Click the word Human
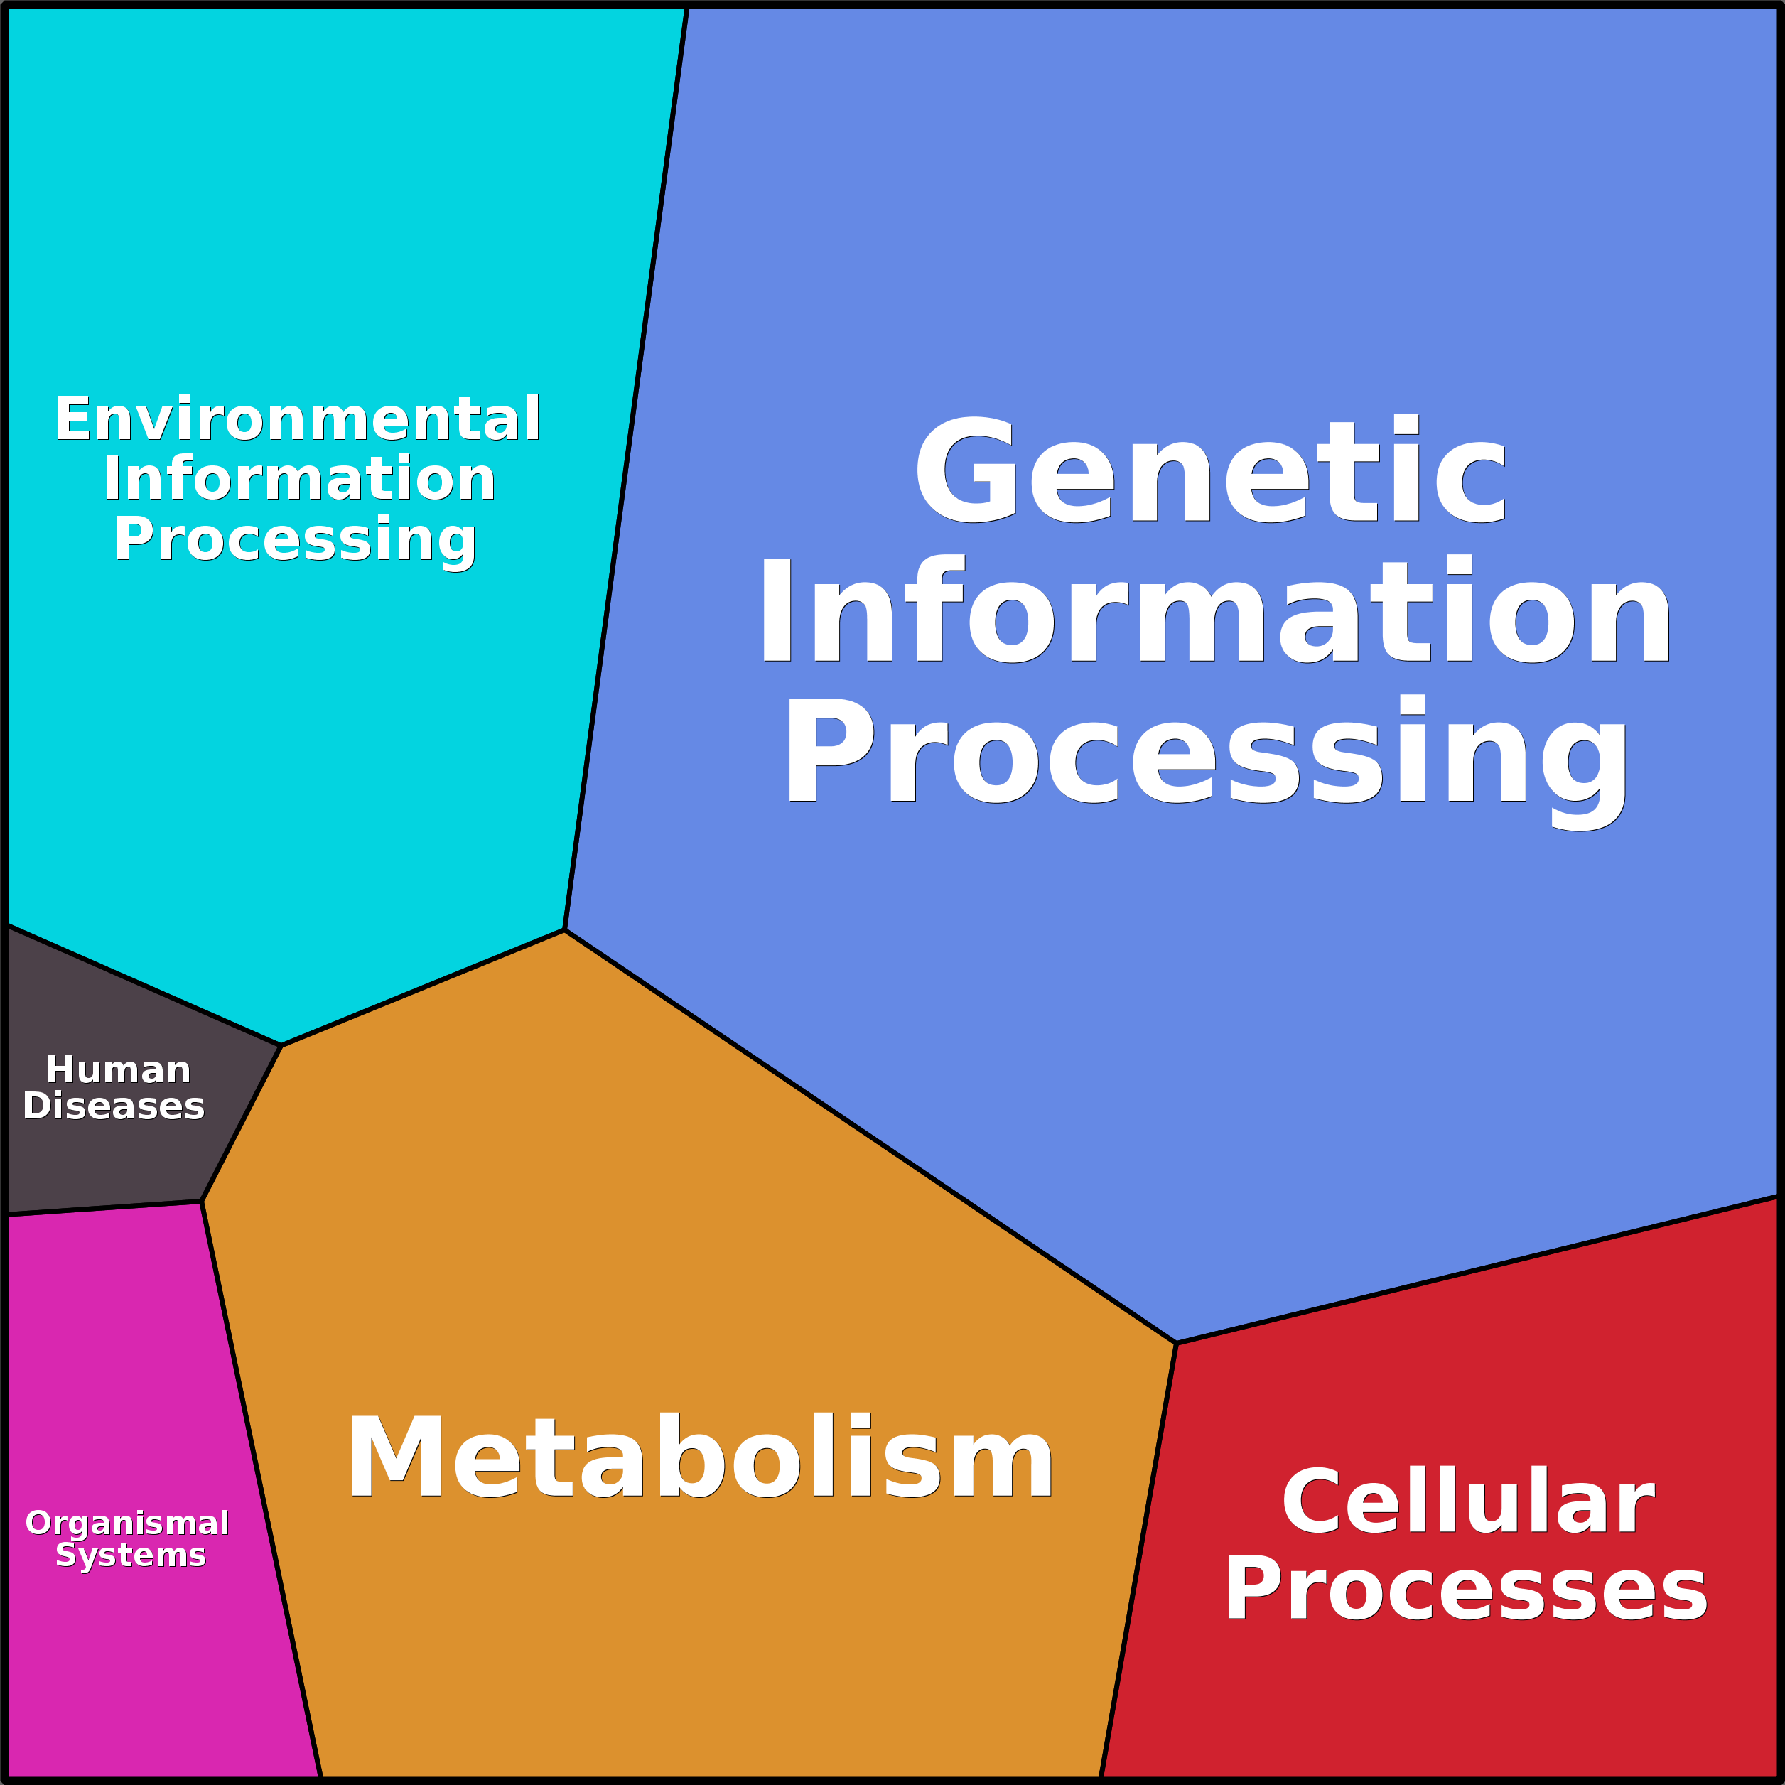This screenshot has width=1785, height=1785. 118,1070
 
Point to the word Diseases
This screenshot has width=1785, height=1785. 114,1106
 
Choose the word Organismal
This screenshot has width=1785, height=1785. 127,1523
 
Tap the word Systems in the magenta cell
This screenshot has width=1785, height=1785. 130,1555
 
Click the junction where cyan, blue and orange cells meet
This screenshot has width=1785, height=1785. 564,930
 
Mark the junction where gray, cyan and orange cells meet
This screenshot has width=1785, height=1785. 281,1046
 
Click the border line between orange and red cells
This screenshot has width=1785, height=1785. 1138,1561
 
